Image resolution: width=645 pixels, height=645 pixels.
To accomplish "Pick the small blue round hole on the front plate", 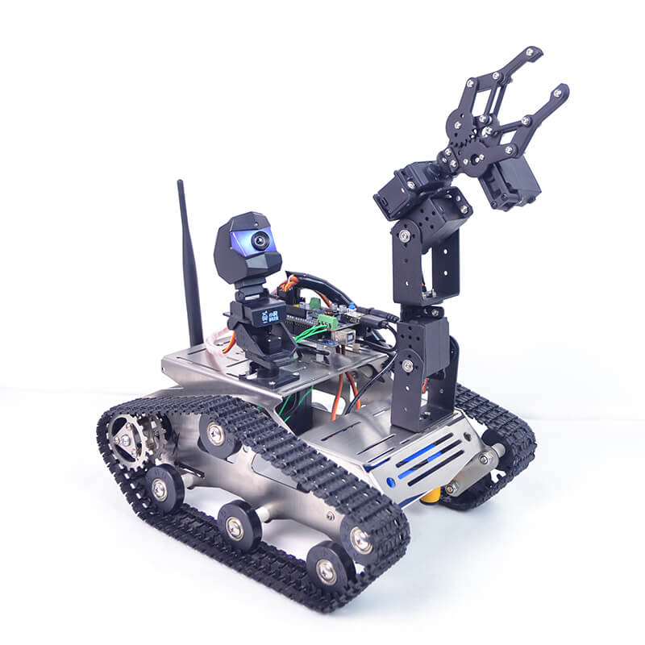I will point(391,482).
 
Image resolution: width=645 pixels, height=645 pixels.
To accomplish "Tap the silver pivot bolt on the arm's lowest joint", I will point(408,365).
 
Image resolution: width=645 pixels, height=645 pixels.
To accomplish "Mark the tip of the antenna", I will point(181,184).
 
